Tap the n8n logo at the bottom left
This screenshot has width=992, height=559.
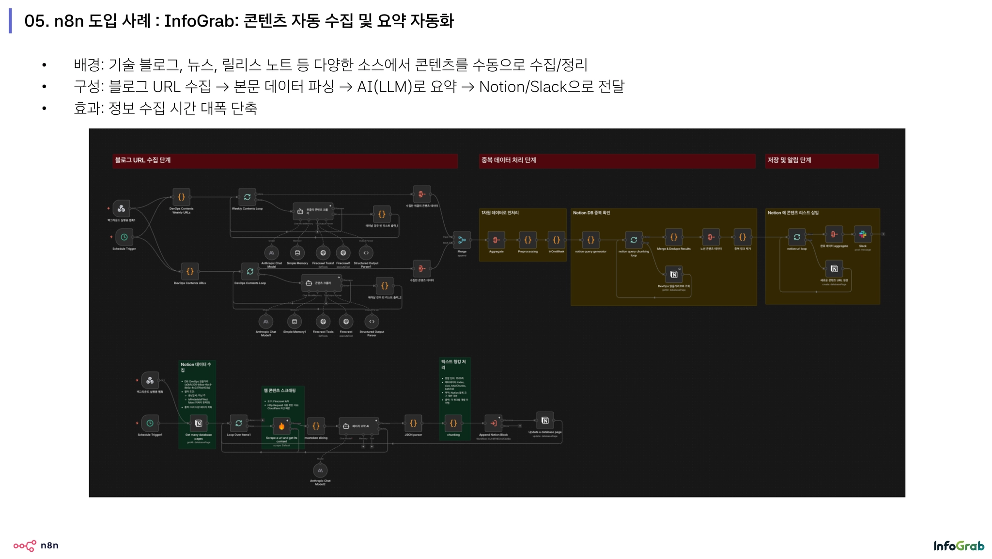tap(36, 545)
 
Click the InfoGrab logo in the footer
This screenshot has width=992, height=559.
tap(959, 546)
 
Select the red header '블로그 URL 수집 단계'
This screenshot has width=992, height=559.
tap(142, 160)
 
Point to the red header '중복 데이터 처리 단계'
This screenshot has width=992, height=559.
tap(508, 160)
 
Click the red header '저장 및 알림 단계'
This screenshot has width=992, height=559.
tap(789, 160)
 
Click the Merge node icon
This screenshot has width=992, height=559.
tap(462, 239)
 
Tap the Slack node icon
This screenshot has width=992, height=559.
tap(863, 234)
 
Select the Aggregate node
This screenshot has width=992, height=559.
tap(496, 240)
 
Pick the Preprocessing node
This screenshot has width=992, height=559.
tap(527, 240)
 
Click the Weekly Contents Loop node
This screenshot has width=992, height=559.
tap(247, 197)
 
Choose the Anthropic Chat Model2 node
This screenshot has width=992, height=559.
tap(320, 470)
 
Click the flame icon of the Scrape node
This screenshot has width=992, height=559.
tap(281, 426)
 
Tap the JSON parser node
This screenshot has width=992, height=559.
tap(413, 423)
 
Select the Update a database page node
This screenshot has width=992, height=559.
tap(545, 420)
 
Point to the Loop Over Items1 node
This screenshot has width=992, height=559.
tap(239, 423)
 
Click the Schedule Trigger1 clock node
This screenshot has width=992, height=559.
tap(150, 423)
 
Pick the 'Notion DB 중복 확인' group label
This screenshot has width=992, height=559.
tap(591, 213)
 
